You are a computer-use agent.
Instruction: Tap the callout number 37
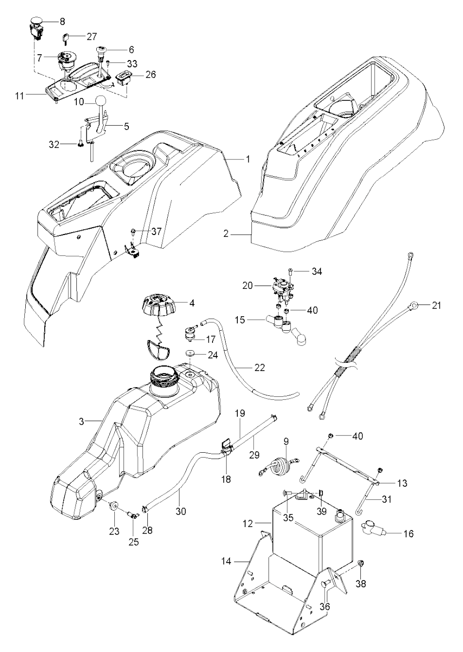pos(156,231)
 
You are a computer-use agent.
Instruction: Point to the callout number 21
pos(436,306)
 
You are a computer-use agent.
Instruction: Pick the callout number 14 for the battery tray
pos(227,561)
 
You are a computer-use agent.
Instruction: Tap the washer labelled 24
pos(189,353)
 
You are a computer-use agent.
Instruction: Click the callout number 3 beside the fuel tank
pos(82,422)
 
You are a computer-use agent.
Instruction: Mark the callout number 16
pos(408,534)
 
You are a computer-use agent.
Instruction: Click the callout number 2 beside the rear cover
pos(227,234)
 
